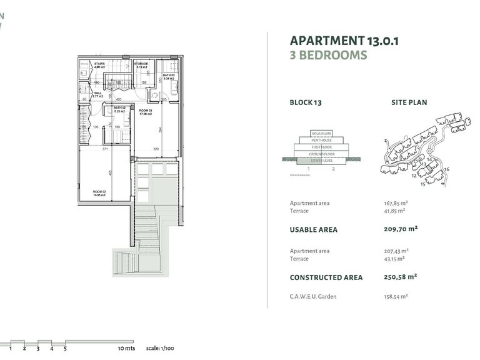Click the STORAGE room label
click(141, 64)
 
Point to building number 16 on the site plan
click(447, 169)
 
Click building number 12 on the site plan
click(414, 176)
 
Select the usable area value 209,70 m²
click(400, 229)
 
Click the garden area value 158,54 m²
click(396, 296)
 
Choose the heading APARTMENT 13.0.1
click(344, 41)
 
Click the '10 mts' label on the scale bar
click(126, 347)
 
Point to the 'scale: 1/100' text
click(159, 347)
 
